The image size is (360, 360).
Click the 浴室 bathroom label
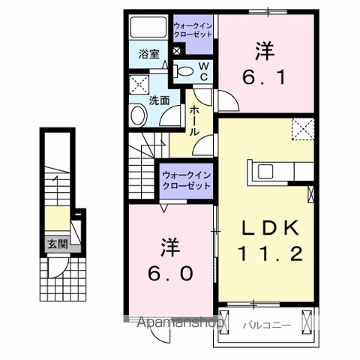pyautogui.click(x=149, y=54)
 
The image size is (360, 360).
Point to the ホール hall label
pyautogui.click(x=193, y=120)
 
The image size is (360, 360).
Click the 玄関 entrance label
pyautogui.click(x=57, y=243)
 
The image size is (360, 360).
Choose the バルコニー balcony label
pyautogui.click(x=262, y=324)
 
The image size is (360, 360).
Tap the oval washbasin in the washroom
pyautogui.click(x=138, y=115)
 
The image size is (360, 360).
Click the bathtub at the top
pyautogui.click(x=150, y=28)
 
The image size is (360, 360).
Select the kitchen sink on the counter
pyautogui.click(x=266, y=171)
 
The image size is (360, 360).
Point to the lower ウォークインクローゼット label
pyautogui.click(x=186, y=180)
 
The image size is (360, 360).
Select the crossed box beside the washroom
pyautogui.click(x=138, y=84)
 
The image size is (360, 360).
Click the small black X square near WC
pyautogui.click(x=177, y=52)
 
